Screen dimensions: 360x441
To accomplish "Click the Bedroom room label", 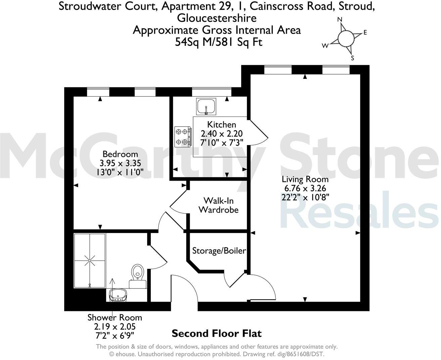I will click(x=120, y=154).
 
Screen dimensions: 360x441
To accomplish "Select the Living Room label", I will click(x=305, y=179).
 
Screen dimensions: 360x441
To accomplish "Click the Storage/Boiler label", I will click(x=219, y=251).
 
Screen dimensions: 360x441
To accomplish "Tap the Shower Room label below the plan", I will click(x=115, y=317).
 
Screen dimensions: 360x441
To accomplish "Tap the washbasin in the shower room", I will click(x=117, y=295).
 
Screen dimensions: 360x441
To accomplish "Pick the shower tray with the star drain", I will click(x=90, y=260).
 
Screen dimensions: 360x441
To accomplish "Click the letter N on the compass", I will click(x=340, y=20).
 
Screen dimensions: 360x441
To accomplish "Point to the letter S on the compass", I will click(x=352, y=58).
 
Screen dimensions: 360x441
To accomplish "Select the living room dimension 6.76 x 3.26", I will click(x=305, y=188).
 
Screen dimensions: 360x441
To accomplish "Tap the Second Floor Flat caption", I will click(x=216, y=333).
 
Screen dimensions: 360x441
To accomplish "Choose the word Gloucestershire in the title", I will click(x=217, y=18).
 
